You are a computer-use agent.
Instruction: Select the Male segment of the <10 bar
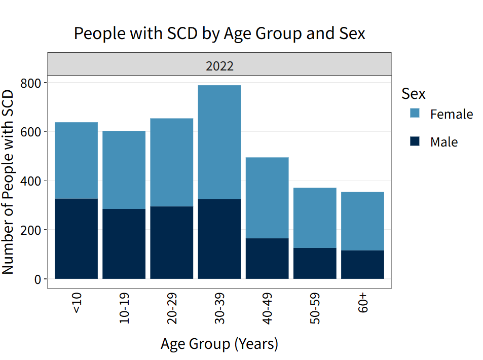coord(76,238)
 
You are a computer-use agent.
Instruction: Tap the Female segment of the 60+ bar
coord(362,221)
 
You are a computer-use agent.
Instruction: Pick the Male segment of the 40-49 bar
coord(267,258)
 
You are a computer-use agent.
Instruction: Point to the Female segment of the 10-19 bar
coord(124,170)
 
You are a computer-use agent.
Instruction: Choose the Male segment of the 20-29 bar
coord(171,242)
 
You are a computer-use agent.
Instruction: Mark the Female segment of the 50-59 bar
coord(315,218)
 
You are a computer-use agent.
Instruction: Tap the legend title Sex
coord(413,93)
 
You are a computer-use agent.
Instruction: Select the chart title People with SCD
coord(219,33)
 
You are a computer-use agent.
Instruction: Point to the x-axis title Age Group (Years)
coord(219,344)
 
